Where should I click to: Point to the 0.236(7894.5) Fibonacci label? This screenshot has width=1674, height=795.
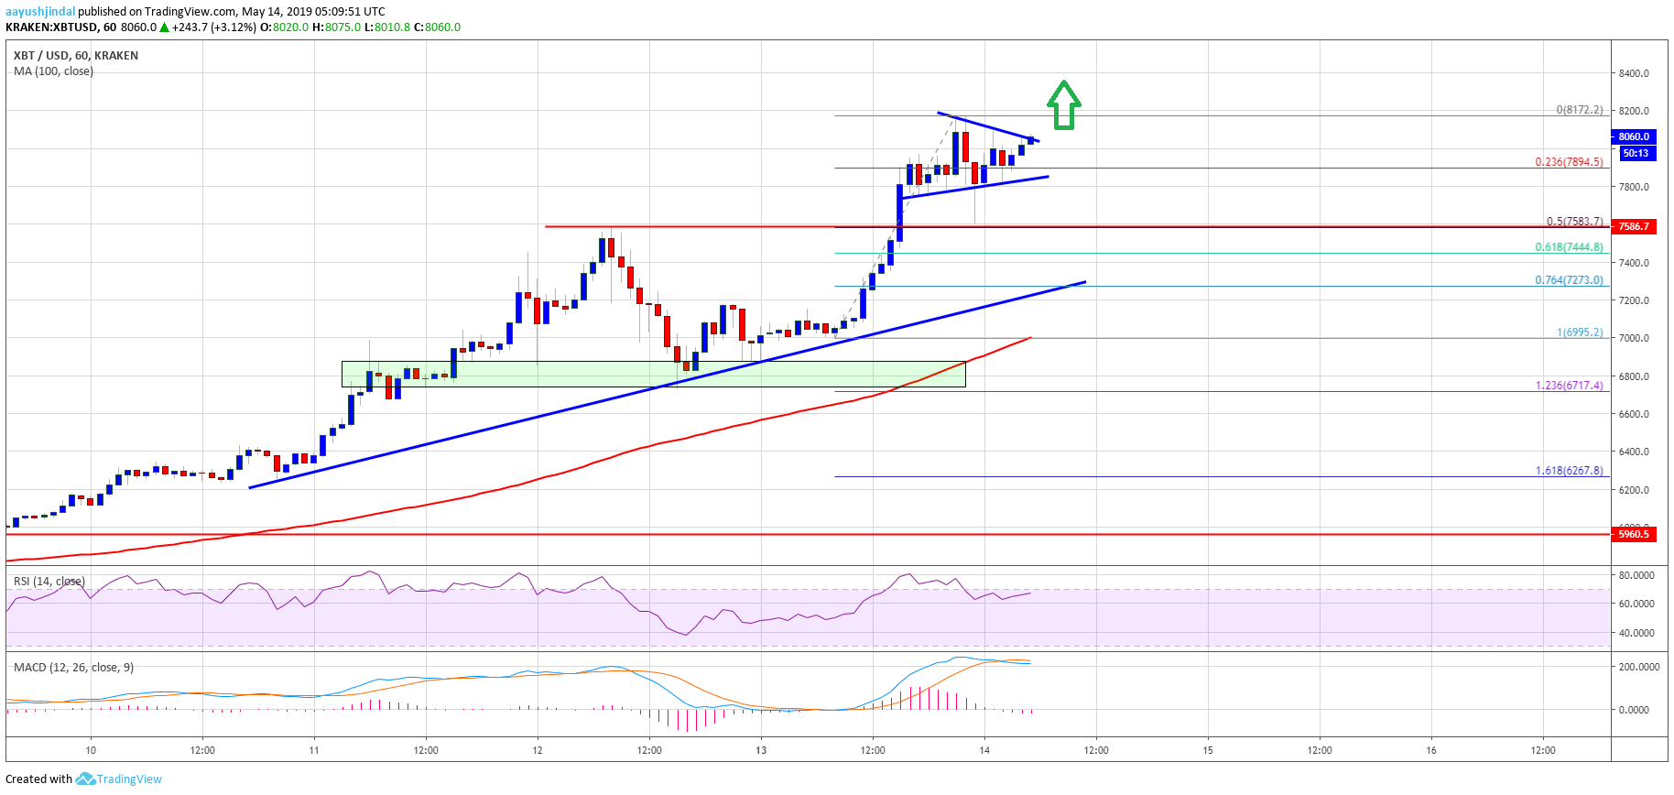pyautogui.click(x=1569, y=162)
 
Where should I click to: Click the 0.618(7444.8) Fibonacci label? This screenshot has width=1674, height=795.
pyautogui.click(x=1569, y=247)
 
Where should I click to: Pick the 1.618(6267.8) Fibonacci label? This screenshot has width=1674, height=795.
pyautogui.click(x=1569, y=471)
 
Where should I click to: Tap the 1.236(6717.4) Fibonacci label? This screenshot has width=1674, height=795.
pyautogui.click(x=1569, y=386)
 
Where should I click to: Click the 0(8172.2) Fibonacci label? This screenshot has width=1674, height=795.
pyautogui.click(x=1579, y=110)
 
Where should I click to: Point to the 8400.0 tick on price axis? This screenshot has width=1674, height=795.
pyautogui.click(x=1634, y=73)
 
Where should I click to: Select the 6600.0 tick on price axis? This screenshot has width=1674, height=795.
pyautogui.click(x=1634, y=414)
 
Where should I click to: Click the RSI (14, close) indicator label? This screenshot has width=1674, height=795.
pyautogui.click(x=49, y=582)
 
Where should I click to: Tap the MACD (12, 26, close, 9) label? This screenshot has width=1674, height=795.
pyautogui.click(x=73, y=667)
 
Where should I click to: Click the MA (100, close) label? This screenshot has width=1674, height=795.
pyautogui.click(x=53, y=71)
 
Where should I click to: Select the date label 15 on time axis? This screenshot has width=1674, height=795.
pyautogui.click(x=1208, y=750)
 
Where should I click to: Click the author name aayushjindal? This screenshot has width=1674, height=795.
pyautogui.click(x=40, y=11)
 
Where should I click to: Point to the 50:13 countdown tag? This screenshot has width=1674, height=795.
pyautogui.click(x=1636, y=153)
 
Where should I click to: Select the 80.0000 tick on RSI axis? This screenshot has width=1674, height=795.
pyautogui.click(x=1636, y=575)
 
